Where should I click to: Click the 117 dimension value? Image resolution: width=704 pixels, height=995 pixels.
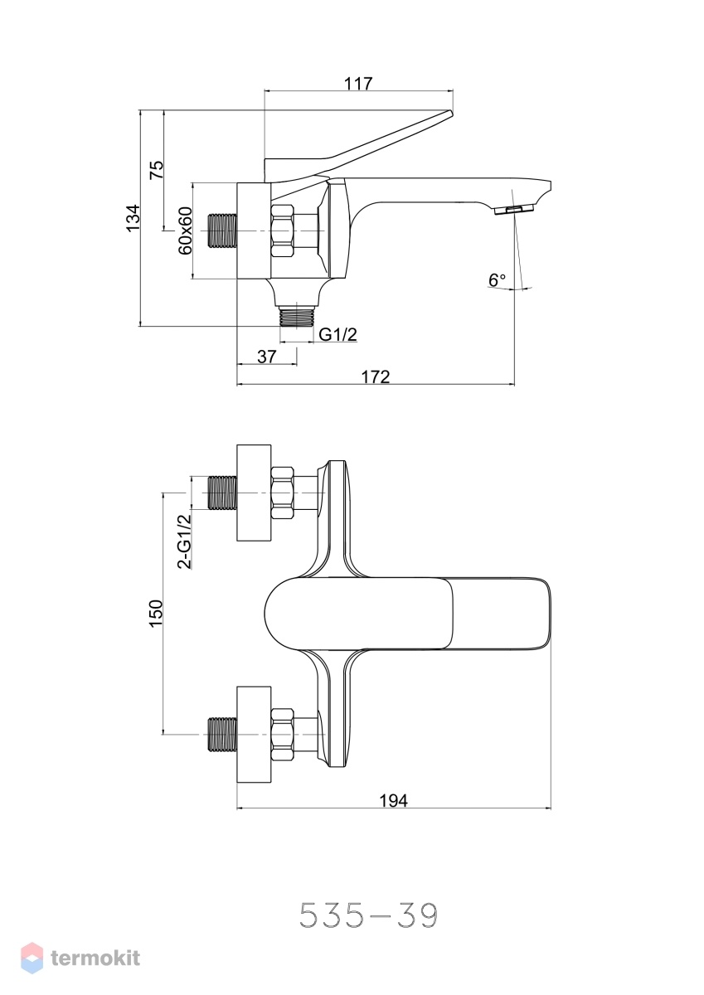[x=358, y=83]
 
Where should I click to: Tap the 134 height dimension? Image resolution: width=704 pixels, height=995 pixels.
[x=134, y=217]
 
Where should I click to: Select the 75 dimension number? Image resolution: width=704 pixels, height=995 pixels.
[x=157, y=170]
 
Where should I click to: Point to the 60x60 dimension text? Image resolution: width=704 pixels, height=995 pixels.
[x=185, y=231]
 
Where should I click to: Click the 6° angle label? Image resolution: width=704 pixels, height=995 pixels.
[x=497, y=280]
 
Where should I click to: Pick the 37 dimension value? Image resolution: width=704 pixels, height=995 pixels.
[x=266, y=356]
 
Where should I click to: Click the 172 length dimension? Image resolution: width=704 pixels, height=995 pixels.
[x=376, y=376]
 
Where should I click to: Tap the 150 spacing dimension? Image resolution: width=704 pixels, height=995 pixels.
[x=157, y=614]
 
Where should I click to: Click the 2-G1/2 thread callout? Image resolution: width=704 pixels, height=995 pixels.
[x=184, y=541]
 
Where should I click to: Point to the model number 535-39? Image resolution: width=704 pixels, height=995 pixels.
[x=369, y=915]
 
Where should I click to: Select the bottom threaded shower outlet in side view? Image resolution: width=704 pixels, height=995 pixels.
[x=297, y=317]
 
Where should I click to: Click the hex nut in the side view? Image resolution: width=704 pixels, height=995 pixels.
[x=283, y=231]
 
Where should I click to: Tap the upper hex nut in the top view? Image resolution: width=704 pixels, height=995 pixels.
[x=283, y=493]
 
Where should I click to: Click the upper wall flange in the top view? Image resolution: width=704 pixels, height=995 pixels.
[x=254, y=493]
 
